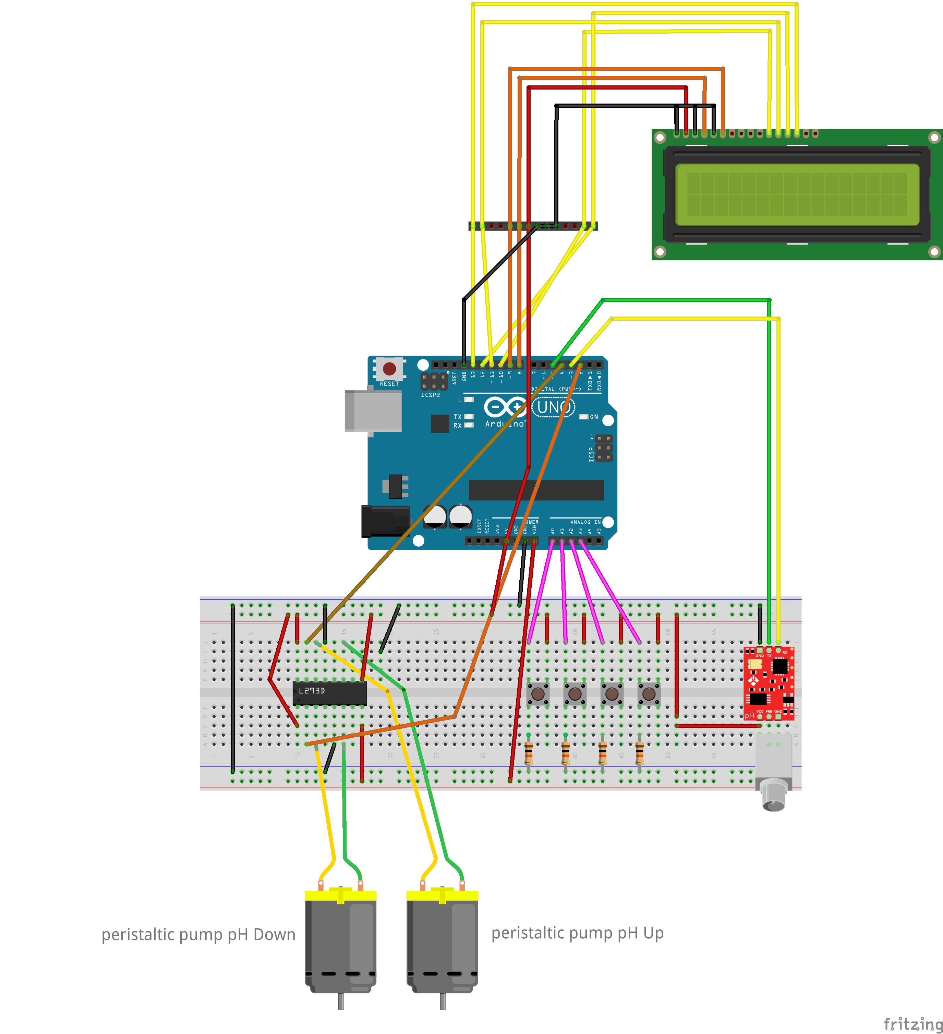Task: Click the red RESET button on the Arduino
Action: [389, 369]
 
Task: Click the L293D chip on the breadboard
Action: [329, 692]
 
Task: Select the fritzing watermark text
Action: [913, 1024]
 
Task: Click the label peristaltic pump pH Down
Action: [198, 935]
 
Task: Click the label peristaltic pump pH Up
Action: [577, 932]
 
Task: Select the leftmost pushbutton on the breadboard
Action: [538, 694]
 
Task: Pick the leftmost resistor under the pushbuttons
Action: [529, 753]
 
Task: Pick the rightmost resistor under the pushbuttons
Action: [639, 753]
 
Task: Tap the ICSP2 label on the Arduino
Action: [430, 395]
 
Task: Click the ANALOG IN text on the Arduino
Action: [585, 522]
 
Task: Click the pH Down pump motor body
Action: [340, 944]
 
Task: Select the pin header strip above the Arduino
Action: [533, 226]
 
